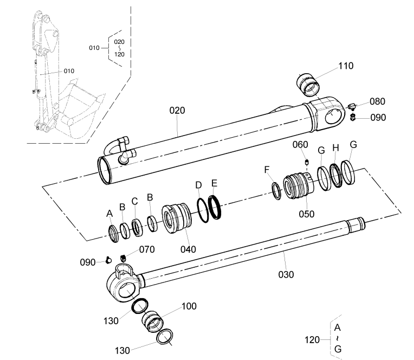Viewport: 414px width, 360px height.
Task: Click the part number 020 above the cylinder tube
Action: tap(177, 111)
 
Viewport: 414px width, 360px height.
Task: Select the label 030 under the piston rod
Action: tap(286, 275)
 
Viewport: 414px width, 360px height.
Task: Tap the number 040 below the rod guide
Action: tap(188, 249)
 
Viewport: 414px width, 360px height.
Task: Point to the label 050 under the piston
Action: tap(307, 214)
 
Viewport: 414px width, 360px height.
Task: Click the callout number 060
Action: tap(300, 145)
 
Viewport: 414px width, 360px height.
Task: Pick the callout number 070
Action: tap(147, 249)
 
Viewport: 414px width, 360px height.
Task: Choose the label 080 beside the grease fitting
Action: tap(377, 101)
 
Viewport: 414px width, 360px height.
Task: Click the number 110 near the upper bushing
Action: tap(346, 66)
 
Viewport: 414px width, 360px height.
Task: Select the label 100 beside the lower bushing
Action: tap(189, 306)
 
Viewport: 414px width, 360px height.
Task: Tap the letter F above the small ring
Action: tap(267, 170)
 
